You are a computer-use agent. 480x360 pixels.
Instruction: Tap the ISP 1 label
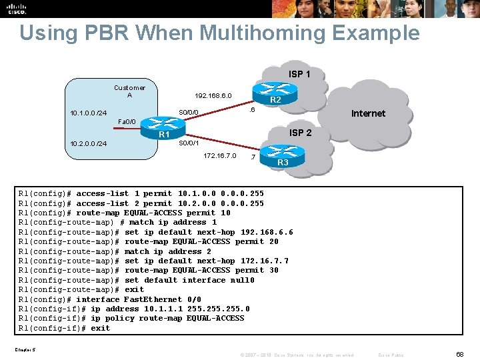[x=299, y=74]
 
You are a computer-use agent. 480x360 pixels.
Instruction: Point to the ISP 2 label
[x=300, y=133]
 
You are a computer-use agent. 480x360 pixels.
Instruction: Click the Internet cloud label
[x=368, y=113]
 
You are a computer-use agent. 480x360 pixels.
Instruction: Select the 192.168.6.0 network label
[x=213, y=96]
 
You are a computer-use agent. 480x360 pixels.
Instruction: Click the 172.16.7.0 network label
[x=219, y=156]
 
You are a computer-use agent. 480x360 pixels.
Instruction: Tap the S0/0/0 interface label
[x=189, y=112]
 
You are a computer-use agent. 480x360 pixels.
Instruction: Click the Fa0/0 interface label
[x=127, y=122]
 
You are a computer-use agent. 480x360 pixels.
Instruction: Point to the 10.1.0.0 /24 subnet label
[x=89, y=113]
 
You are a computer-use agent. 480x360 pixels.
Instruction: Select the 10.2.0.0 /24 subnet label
[x=89, y=144]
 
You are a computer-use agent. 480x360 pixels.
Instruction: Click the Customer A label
[x=129, y=91]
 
